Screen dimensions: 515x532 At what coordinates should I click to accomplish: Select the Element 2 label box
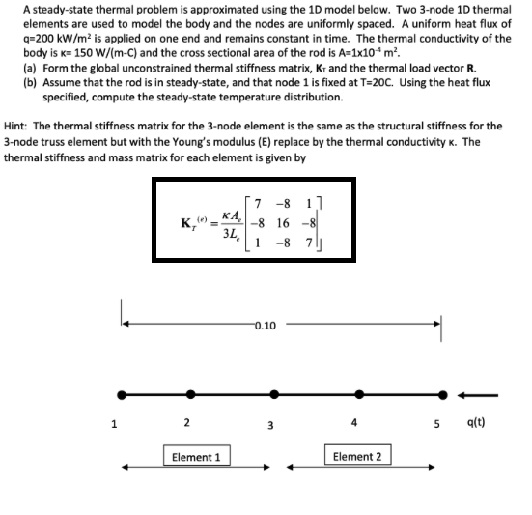coord(356,455)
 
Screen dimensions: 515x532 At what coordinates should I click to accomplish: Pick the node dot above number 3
coord(274,394)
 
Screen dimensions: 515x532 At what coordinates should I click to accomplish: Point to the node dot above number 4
coord(359,394)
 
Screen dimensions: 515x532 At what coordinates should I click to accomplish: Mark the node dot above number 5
coord(443,394)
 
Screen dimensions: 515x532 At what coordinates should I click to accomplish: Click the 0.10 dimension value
coord(267,326)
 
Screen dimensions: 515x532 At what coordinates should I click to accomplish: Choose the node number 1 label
coord(113,422)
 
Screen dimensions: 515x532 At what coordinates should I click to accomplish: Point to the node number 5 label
coord(443,423)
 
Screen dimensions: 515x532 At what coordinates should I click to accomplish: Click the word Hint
coord(15,127)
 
